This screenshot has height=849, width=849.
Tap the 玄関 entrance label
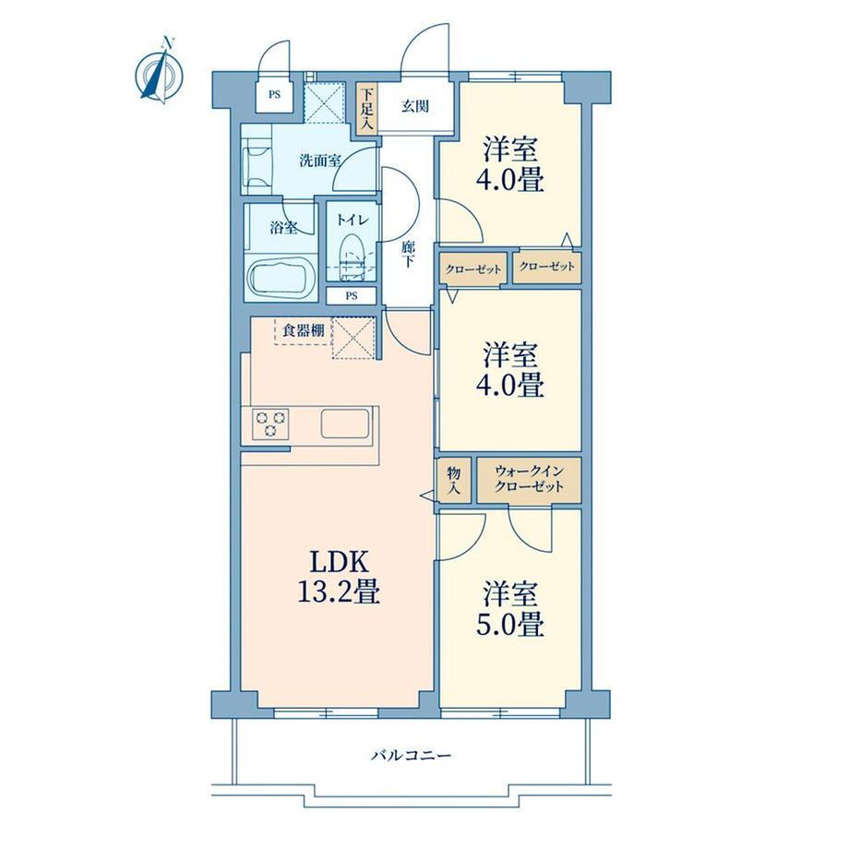tap(415, 106)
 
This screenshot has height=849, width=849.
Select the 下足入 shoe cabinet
tap(366, 108)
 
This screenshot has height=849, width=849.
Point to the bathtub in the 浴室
tap(281, 276)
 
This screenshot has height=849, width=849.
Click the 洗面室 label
tap(320, 161)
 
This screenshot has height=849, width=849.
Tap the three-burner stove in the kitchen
tap(270, 424)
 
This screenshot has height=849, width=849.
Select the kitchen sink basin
tap(345, 423)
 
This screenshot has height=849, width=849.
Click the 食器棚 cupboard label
tap(304, 329)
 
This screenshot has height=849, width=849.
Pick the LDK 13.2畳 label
tap(339, 577)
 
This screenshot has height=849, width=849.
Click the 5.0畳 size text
tap(510, 626)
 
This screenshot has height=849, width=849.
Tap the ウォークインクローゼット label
tap(529, 479)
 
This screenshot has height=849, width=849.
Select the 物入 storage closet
tap(454, 480)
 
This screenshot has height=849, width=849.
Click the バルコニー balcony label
tap(411, 755)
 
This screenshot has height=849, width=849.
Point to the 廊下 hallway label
tap(408, 254)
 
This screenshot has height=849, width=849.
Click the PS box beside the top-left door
tap(274, 94)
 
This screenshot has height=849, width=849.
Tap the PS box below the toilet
tap(352, 295)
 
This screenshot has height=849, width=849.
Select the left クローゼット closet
tap(473, 269)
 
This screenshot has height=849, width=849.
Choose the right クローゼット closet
tap(547, 267)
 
